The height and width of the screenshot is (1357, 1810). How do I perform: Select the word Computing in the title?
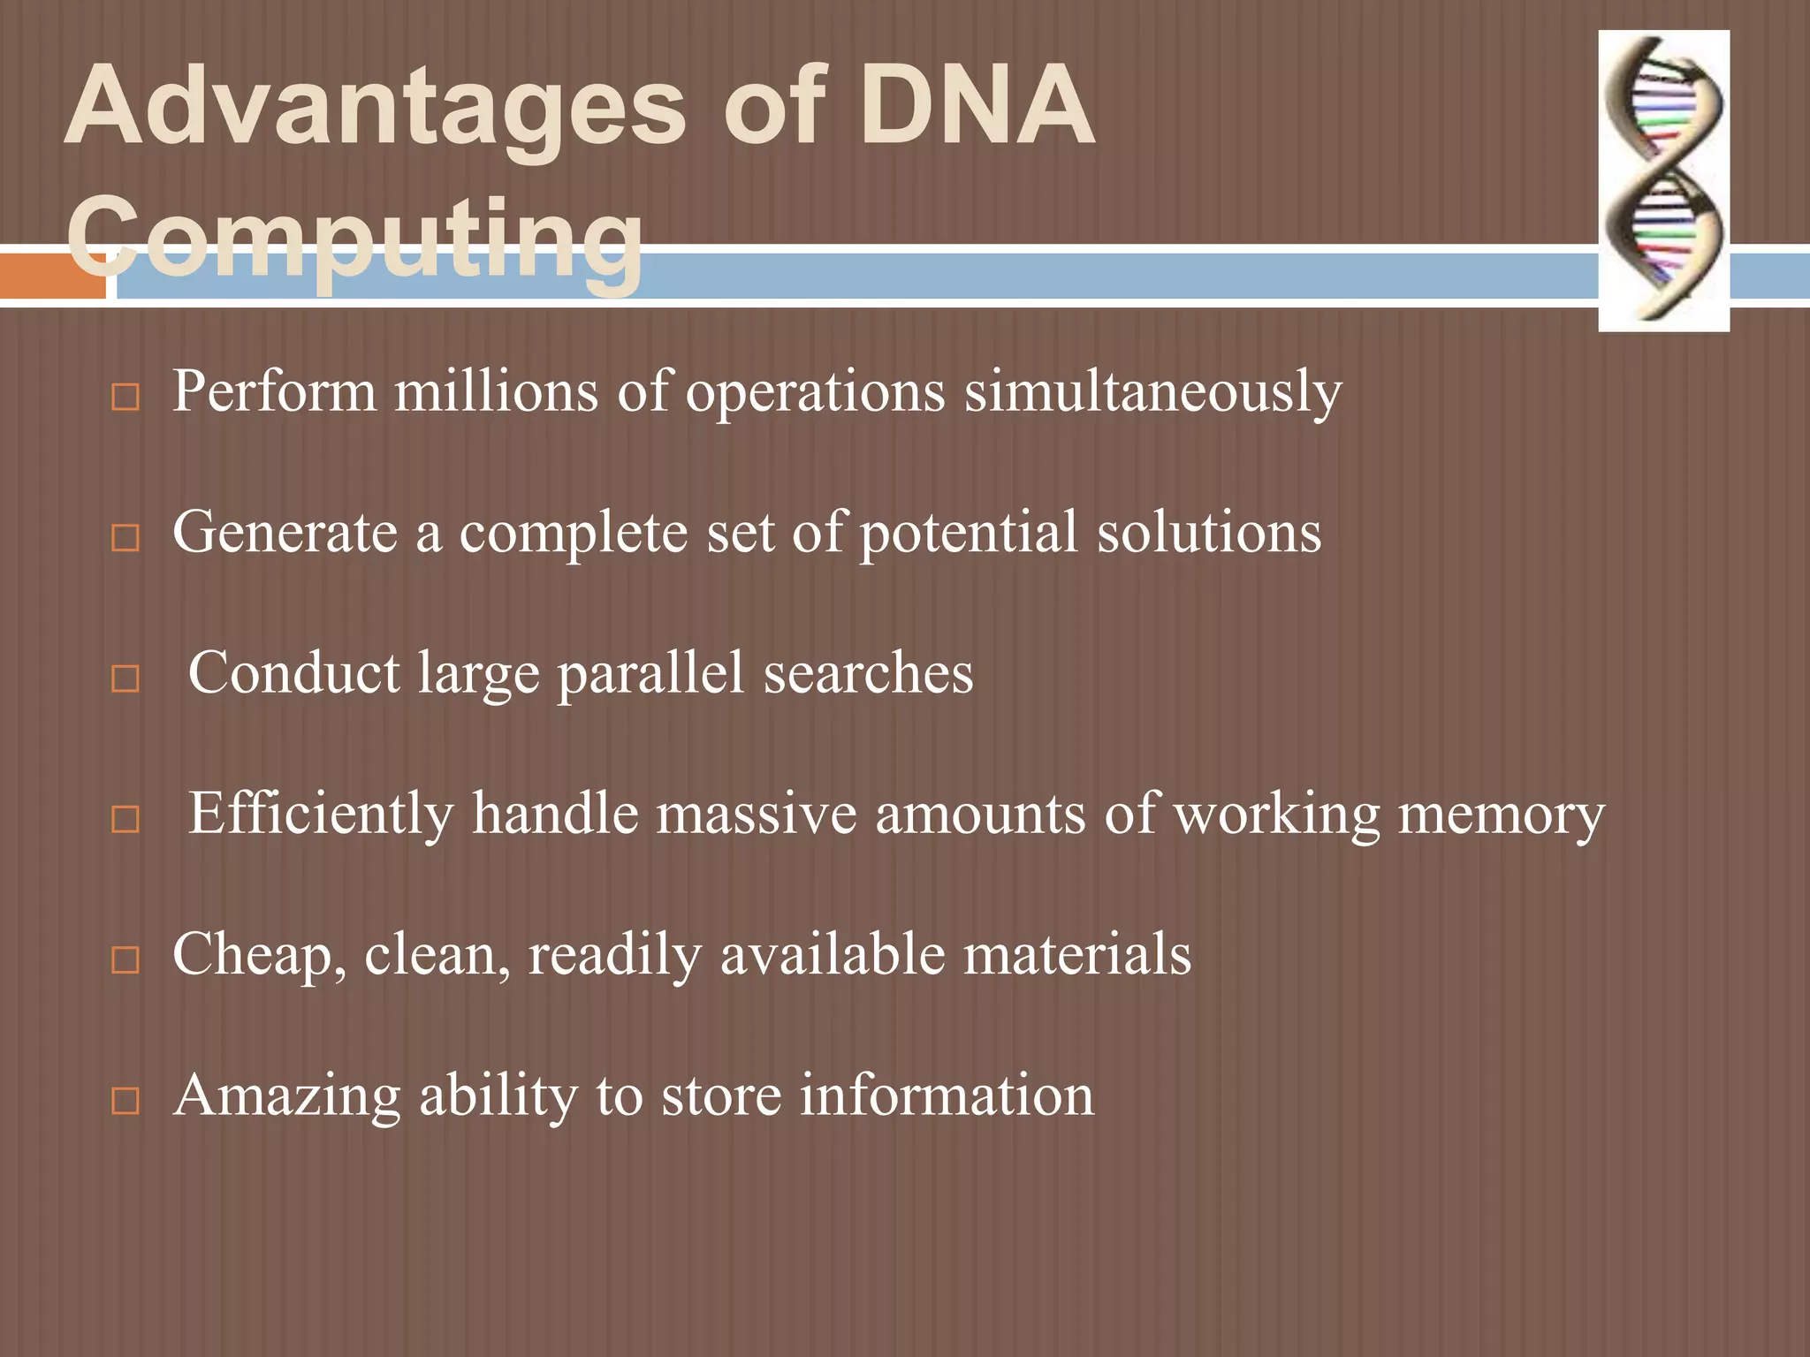[354, 236]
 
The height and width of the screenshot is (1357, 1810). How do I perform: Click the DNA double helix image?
[1663, 181]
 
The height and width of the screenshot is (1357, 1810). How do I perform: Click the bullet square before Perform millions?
[125, 397]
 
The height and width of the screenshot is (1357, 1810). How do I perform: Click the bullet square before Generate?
[125, 537]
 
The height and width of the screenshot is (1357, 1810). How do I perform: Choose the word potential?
[969, 534]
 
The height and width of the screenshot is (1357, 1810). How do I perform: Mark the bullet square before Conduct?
[125, 678]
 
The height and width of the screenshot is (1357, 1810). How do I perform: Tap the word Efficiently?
[320, 813]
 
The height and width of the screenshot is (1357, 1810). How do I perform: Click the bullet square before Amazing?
[125, 1100]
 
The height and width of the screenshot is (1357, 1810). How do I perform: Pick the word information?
[946, 1095]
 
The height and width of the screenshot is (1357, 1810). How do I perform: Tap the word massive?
[756, 813]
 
